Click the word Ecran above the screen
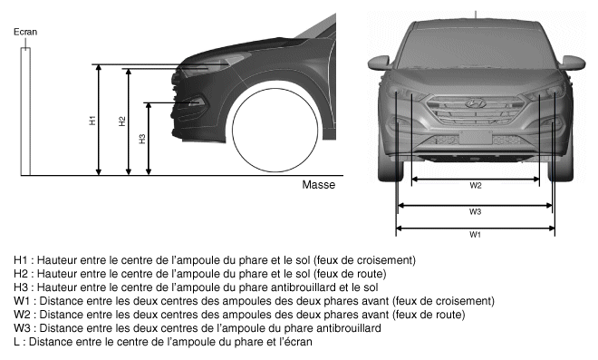click(25, 32)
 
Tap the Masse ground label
click(318, 185)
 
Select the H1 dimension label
click(92, 121)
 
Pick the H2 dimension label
click(122, 122)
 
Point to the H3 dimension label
click(142, 139)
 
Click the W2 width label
click(476, 186)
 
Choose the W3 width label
click(475, 211)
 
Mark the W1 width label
click(475, 235)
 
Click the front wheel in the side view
click(275, 131)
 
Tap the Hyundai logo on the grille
click(475, 103)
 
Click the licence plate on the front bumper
click(475, 138)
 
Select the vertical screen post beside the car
click(25, 112)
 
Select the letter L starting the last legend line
click(16, 342)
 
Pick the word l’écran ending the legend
click(294, 342)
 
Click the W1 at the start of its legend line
click(22, 301)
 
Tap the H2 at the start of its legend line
click(21, 274)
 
